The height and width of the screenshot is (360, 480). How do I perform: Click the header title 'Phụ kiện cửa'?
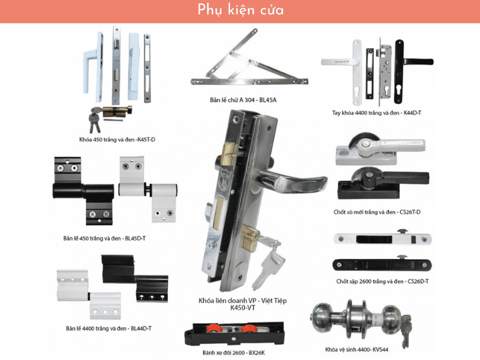pyautogui.click(x=241, y=10)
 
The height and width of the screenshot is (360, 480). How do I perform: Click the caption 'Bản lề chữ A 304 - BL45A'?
pyautogui.click(x=243, y=100)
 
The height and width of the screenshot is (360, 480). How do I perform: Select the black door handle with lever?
pyautogui.click(x=410, y=70)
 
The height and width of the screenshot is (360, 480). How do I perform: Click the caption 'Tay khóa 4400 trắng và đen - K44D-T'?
pyautogui.click(x=377, y=113)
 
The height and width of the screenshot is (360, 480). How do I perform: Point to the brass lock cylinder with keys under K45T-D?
pyautogui.click(x=110, y=118)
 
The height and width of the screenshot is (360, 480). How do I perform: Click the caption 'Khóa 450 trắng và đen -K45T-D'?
pyautogui.click(x=117, y=140)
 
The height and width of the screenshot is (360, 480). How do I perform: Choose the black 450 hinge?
pyautogui.click(x=83, y=191)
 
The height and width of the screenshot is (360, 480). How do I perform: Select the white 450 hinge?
pyautogui.click(x=148, y=189)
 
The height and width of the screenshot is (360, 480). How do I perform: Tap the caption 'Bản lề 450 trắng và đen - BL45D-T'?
pyautogui.click(x=104, y=238)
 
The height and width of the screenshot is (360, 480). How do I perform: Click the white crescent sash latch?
pyautogui.click(x=380, y=149)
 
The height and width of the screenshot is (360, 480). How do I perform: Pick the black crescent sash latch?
pyautogui.click(x=383, y=183)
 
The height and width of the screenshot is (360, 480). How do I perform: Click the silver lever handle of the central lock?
pyautogui.click(x=291, y=181)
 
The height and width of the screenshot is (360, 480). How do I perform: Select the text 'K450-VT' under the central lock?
pyautogui.click(x=243, y=308)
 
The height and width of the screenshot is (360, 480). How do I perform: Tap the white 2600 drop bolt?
pyautogui.click(x=383, y=238)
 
